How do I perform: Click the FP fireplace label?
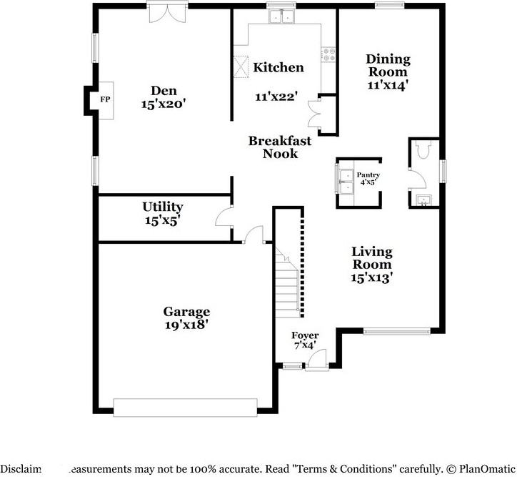(105, 99)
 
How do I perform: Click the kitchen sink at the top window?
(281, 17)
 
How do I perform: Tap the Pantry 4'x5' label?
(368, 179)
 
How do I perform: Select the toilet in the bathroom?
(422, 151)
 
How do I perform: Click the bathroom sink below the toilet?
(422, 199)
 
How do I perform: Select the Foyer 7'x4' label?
(305, 340)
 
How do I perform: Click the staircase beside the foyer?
(287, 286)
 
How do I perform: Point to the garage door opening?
(186, 408)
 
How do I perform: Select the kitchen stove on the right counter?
(329, 54)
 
